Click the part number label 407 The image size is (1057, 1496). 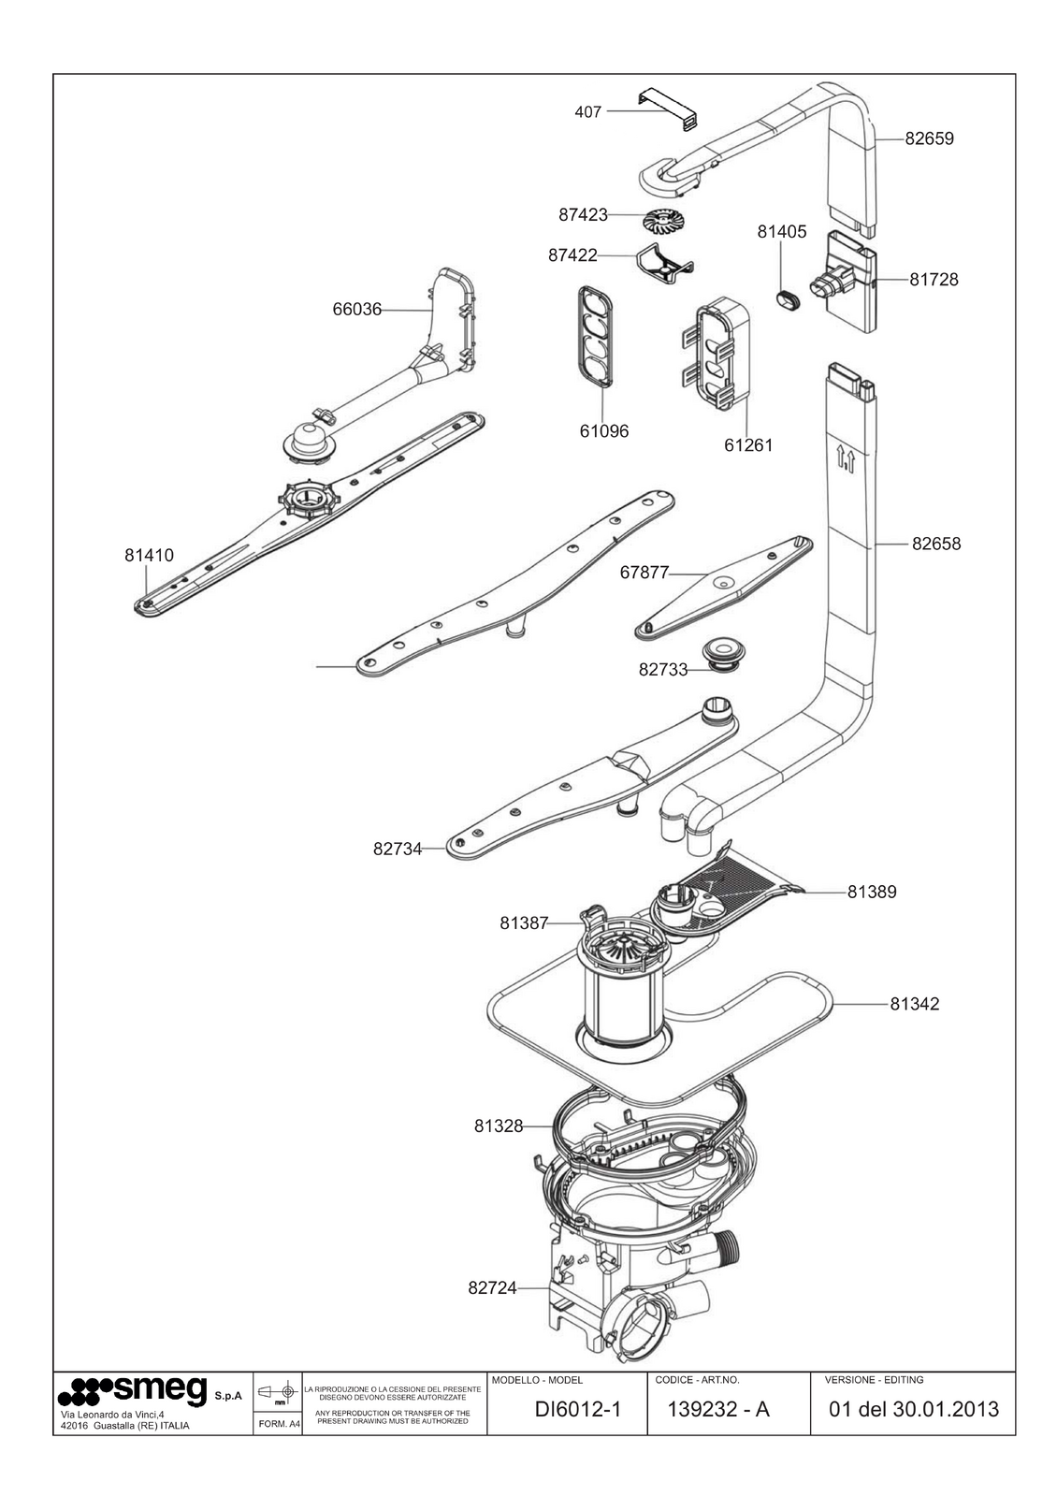tap(587, 112)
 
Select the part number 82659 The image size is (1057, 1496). tap(929, 138)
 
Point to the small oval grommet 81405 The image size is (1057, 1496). tap(788, 299)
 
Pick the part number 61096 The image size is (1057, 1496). tap(603, 431)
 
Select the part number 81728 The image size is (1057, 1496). tap(934, 280)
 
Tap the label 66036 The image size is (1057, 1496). tap(356, 310)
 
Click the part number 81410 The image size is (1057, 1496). tap(149, 555)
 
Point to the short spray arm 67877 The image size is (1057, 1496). tap(723, 588)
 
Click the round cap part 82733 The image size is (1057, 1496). tap(723, 654)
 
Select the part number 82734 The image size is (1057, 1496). tap(398, 849)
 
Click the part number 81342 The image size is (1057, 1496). tap(914, 1023)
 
